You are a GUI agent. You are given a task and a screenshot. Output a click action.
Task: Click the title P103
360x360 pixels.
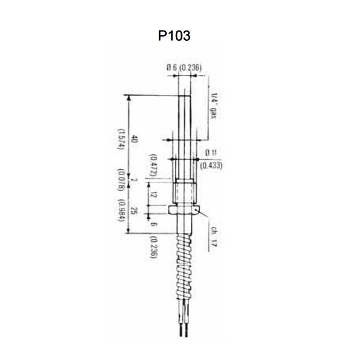(175, 35)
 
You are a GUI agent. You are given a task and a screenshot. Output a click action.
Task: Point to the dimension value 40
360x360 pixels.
(135, 139)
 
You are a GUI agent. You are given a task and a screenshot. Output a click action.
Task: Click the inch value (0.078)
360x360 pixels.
(122, 179)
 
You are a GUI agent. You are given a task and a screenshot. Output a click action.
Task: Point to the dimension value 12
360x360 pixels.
(155, 194)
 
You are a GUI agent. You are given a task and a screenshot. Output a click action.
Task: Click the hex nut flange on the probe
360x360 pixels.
(182, 209)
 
